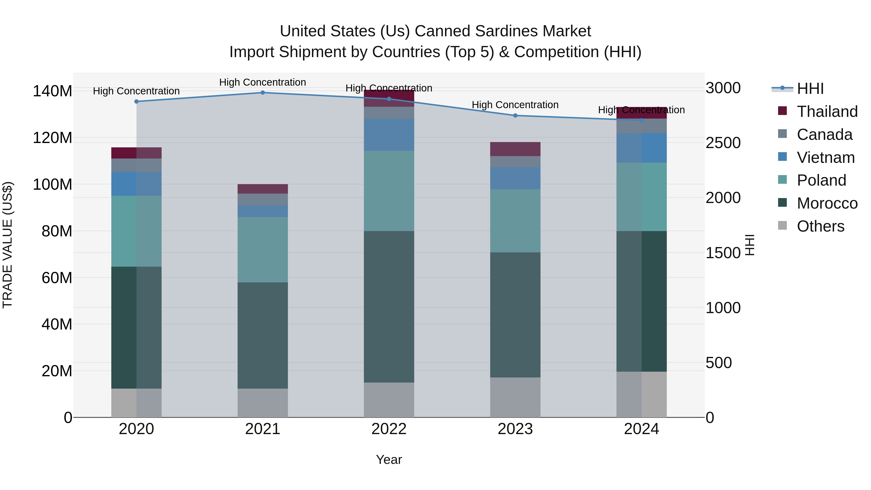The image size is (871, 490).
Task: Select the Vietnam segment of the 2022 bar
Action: pyautogui.click(x=389, y=134)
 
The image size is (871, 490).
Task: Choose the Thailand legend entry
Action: pyautogui.click(x=827, y=112)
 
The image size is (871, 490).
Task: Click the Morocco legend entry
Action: pyautogui.click(x=827, y=203)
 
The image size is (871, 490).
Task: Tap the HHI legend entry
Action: pyautogui.click(x=810, y=89)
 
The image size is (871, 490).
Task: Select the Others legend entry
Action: pyautogui.click(x=820, y=226)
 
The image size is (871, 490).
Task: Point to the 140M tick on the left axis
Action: pyautogui.click(x=53, y=91)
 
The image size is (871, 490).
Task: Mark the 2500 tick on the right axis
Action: pyautogui.click(x=723, y=143)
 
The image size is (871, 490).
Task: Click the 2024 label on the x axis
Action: pyautogui.click(x=641, y=429)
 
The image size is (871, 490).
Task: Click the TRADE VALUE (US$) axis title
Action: pyautogui.click(x=8, y=245)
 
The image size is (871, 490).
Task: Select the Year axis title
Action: pyautogui.click(x=389, y=460)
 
